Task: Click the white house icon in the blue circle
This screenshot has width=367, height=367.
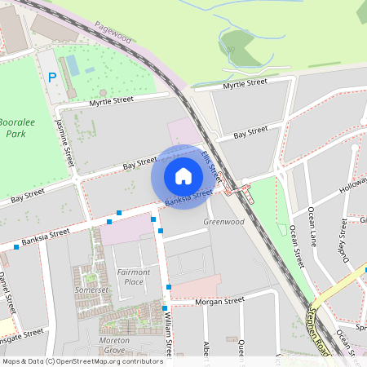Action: (x=183, y=175)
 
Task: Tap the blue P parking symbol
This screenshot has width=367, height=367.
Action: (x=52, y=77)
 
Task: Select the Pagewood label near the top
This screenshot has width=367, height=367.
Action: (x=113, y=33)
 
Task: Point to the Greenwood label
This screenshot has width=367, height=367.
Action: (x=223, y=222)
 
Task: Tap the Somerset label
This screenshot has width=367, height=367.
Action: (x=91, y=290)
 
